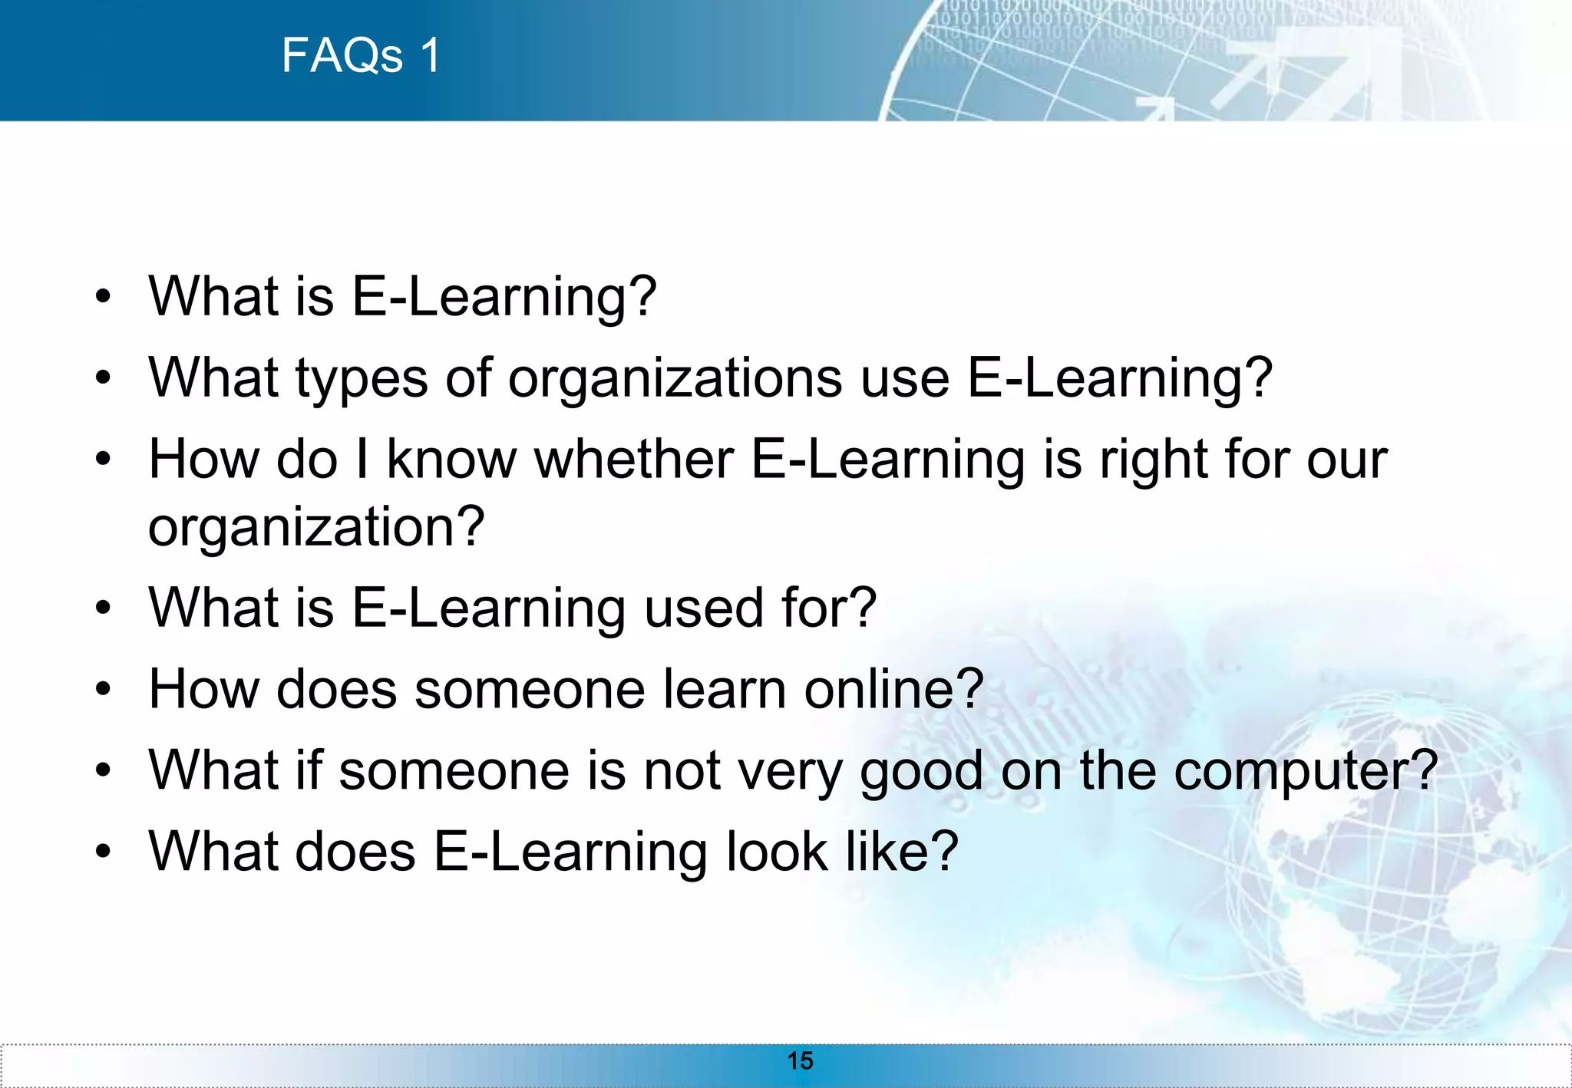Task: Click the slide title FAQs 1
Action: click(x=361, y=55)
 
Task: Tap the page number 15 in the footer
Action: click(x=800, y=1060)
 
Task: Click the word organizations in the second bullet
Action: click(x=675, y=378)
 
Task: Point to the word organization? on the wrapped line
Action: click(x=316, y=527)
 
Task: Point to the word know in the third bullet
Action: click(x=451, y=460)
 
